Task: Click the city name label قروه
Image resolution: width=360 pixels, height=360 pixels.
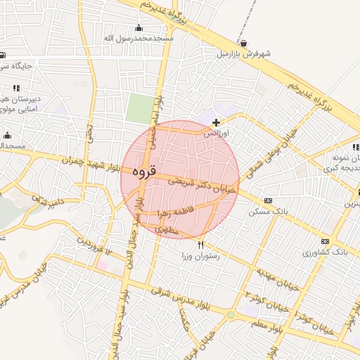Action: point(142,171)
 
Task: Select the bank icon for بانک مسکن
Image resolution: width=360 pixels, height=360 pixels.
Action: point(268,200)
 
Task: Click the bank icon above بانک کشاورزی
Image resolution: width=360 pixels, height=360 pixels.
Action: point(324,241)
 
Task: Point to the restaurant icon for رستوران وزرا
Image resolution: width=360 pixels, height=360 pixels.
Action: point(202,245)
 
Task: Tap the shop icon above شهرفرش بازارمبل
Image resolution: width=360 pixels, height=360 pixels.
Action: point(243,42)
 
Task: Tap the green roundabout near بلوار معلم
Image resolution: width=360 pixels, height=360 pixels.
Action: point(231,314)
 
